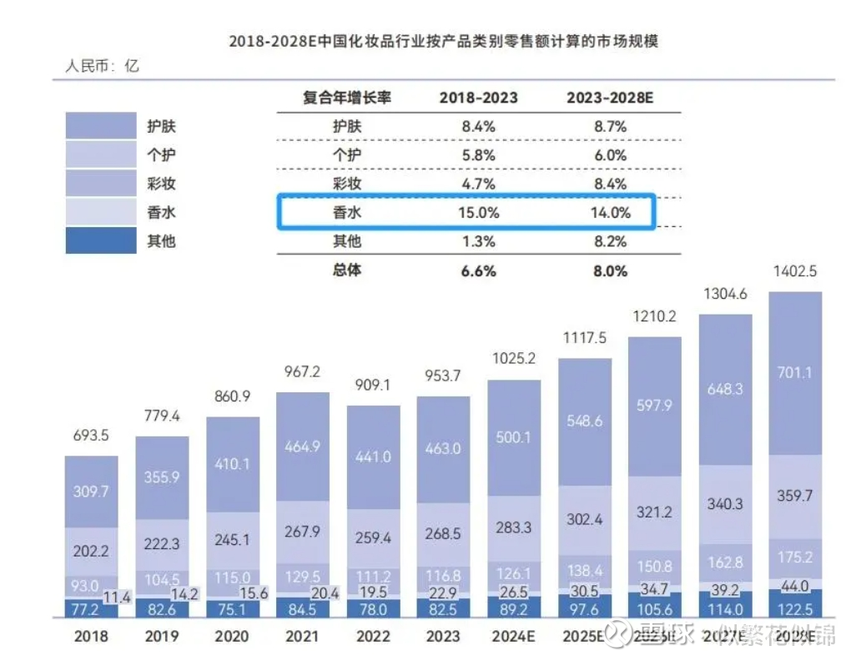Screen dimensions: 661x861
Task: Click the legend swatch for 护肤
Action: click(x=100, y=127)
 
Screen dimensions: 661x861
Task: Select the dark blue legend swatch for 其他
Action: click(x=100, y=241)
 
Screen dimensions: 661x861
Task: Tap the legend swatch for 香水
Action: click(x=100, y=212)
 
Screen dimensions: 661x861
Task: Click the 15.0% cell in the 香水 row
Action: click(x=478, y=213)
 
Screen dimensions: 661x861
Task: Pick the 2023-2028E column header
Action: click(x=609, y=98)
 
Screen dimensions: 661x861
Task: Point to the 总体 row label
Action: click(x=347, y=270)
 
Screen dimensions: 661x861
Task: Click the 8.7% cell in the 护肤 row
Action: click(x=609, y=127)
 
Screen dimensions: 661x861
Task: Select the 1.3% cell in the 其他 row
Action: click(x=478, y=242)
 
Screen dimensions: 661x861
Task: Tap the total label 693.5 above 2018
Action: click(x=91, y=436)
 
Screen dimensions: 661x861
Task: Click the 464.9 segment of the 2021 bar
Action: click(x=302, y=447)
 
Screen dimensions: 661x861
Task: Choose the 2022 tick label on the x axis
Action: click(x=373, y=636)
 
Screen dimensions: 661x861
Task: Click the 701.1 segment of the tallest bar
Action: click(x=794, y=373)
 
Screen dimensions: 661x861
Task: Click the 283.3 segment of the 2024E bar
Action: click(x=513, y=527)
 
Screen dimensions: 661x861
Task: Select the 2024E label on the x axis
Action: click(x=513, y=636)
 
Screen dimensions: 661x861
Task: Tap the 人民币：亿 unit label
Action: click(x=102, y=66)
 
